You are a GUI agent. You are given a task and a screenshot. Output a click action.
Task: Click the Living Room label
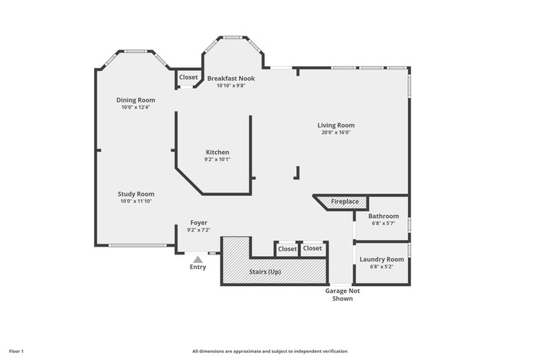click(336, 126)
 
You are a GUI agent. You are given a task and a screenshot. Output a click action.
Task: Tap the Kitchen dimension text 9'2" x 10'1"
click(218, 160)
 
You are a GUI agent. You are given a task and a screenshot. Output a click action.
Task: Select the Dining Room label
click(136, 100)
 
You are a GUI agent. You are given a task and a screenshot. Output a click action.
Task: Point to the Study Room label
click(136, 194)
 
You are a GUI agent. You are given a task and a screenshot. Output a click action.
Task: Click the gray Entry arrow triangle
click(197, 260)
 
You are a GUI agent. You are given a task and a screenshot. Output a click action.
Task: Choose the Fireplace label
click(345, 201)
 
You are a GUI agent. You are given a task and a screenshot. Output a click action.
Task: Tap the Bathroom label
click(383, 216)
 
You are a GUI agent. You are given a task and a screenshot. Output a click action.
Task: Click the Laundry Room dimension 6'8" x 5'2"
click(382, 267)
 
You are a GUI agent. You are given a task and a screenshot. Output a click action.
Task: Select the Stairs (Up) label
click(265, 272)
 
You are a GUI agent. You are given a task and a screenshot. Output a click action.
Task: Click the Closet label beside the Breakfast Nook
click(188, 77)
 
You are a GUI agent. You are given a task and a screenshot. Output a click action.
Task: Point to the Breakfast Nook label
click(231, 79)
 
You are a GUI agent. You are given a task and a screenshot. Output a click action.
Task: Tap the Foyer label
click(199, 223)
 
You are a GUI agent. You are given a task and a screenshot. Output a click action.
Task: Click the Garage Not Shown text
click(343, 294)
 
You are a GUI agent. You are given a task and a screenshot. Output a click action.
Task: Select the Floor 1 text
click(16, 352)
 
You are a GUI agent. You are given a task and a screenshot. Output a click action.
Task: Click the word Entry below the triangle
click(198, 267)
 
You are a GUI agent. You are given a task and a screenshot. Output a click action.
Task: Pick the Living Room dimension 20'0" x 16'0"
click(336, 133)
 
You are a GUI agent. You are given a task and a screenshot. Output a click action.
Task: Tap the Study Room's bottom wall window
click(137, 245)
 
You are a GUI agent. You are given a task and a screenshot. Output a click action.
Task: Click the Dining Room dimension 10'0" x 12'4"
click(136, 107)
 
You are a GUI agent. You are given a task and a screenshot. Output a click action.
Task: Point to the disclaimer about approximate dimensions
click(270, 352)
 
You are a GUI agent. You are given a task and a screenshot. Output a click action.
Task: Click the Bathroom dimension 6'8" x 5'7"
click(383, 224)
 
